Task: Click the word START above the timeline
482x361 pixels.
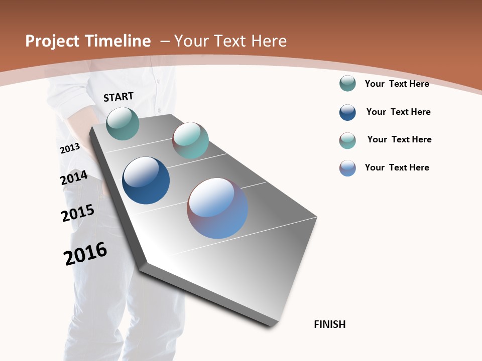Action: pyautogui.click(x=118, y=96)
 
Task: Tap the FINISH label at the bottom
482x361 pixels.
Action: pyautogui.click(x=329, y=324)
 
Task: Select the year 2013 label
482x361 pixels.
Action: pyautogui.click(x=70, y=148)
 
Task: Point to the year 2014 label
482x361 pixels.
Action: pyautogui.click(x=74, y=178)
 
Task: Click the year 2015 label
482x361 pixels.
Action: pyautogui.click(x=77, y=213)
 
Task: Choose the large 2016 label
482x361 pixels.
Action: pyautogui.click(x=85, y=254)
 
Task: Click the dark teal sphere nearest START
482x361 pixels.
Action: pyautogui.click(x=123, y=123)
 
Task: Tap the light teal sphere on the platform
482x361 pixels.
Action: pyautogui.click(x=190, y=140)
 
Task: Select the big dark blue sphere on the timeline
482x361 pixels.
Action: pyautogui.click(x=146, y=180)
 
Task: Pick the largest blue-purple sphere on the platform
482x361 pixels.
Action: pyautogui.click(x=217, y=208)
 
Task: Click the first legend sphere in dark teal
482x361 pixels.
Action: pyautogui.click(x=347, y=84)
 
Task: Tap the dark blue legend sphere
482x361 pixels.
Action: pyautogui.click(x=347, y=112)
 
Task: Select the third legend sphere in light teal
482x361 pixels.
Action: pyautogui.click(x=347, y=140)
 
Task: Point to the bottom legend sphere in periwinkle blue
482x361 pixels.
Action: pyautogui.click(x=347, y=168)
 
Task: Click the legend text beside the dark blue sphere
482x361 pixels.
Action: pyautogui.click(x=398, y=112)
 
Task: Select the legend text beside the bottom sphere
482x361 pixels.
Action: pyautogui.click(x=397, y=167)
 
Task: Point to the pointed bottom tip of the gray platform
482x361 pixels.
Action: pyautogui.click(x=271, y=326)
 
